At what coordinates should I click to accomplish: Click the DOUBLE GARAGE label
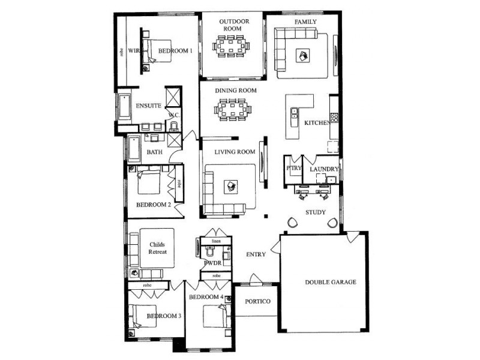[x=331, y=282]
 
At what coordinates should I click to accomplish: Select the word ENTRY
[x=256, y=254]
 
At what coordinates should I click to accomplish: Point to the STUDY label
[x=315, y=212]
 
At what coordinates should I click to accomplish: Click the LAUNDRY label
[x=324, y=169]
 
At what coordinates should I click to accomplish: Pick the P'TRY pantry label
[x=293, y=169]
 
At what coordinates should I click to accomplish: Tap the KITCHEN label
[x=316, y=122]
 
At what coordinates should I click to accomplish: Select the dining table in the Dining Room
[x=233, y=109]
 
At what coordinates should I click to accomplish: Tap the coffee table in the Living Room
[x=231, y=187]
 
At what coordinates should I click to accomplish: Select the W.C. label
[x=173, y=115]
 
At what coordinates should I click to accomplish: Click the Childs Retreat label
[x=158, y=248]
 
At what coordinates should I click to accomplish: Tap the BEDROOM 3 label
[x=163, y=316]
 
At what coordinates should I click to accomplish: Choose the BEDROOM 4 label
[x=206, y=297]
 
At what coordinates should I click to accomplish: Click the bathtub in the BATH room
[x=133, y=149]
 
